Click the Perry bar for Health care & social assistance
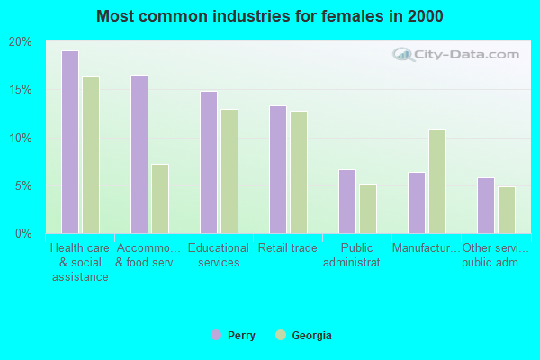point(69,142)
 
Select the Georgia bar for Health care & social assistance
point(91,155)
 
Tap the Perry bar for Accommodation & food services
point(139,154)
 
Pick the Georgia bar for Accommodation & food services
point(160,199)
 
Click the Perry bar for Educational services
point(208,162)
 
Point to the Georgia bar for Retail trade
point(299,172)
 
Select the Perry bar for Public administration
point(346,202)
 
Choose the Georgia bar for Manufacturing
point(437,181)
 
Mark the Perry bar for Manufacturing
point(416,202)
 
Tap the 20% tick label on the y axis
point(20,42)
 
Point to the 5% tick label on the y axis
point(23,186)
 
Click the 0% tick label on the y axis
point(23,234)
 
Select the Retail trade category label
point(288,248)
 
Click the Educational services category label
point(219,256)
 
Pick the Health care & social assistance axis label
point(79,262)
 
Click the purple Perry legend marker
point(216,336)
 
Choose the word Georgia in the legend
point(311,336)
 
